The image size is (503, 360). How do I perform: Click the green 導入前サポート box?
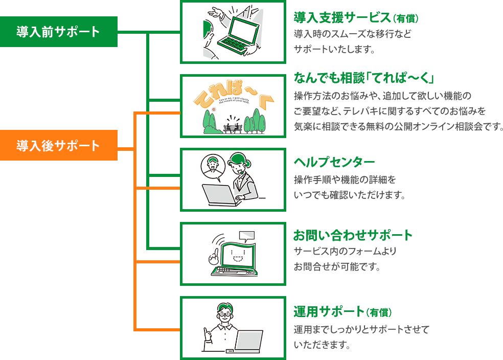pyautogui.click(x=58, y=32)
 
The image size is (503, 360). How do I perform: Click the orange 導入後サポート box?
pyautogui.click(x=58, y=145)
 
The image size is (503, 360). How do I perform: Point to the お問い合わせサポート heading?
pyautogui.click(x=353, y=236)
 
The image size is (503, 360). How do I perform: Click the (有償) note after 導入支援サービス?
pyautogui.click(x=406, y=19)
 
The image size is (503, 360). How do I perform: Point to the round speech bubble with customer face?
pyautogui.click(x=211, y=167)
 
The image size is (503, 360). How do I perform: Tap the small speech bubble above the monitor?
pyautogui.click(x=246, y=236)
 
